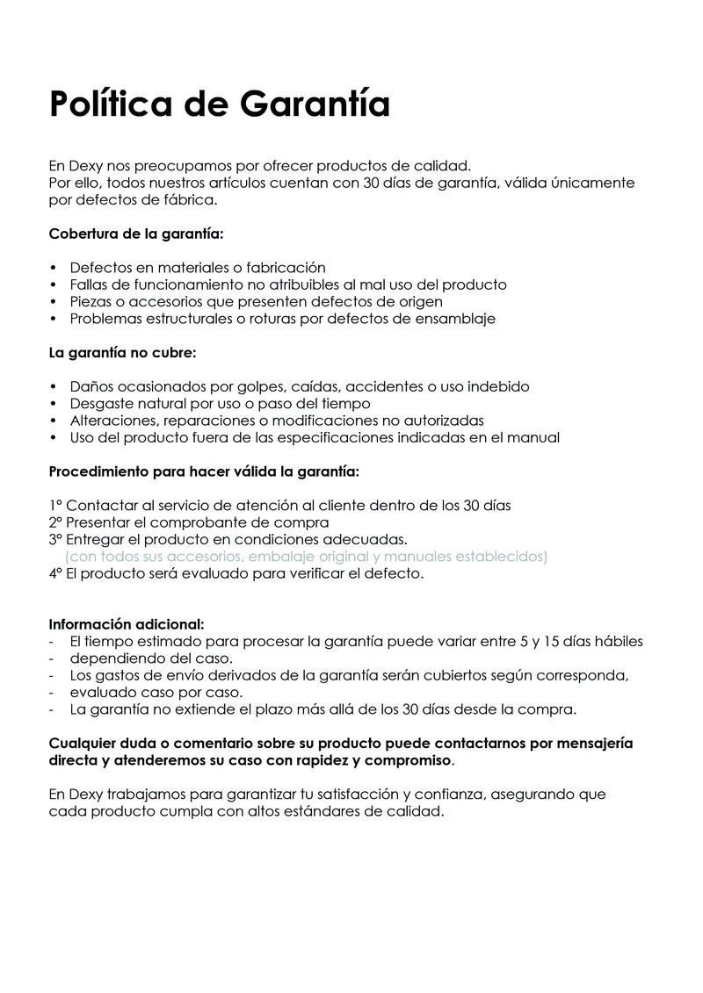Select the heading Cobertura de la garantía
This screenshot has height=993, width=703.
pos(136,234)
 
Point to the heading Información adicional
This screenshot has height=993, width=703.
pos(127,624)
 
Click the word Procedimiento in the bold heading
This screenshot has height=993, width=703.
pos(98,471)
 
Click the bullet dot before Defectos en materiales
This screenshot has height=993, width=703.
pos(54,268)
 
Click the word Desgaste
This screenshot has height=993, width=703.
pos(103,404)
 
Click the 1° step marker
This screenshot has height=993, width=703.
pos(54,506)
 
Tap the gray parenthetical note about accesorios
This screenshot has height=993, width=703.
pos(307,557)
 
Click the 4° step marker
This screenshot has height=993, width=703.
pos(55,574)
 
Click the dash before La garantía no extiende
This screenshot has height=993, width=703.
pos(52,709)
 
